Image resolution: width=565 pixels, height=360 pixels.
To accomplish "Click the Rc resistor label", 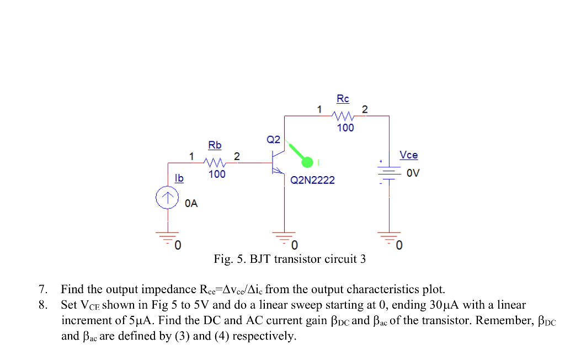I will pyautogui.click(x=343, y=99).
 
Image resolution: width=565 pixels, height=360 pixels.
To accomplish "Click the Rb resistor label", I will pyautogui.click(x=215, y=145).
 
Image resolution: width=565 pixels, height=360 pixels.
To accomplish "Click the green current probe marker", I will pyautogui.click(x=307, y=161).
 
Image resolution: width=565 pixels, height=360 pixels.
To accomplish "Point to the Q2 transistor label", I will pyautogui.click(x=274, y=139).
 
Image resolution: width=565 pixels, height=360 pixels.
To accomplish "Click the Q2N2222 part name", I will pyautogui.click(x=312, y=181).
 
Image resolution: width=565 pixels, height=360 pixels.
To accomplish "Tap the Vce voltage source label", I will pyautogui.click(x=408, y=155).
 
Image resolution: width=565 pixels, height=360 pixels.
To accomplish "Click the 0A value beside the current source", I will pyautogui.click(x=191, y=204).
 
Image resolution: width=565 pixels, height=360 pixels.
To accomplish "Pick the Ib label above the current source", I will pyautogui.click(x=179, y=178).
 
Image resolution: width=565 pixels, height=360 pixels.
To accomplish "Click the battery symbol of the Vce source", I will pyautogui.click(x=390, y=173).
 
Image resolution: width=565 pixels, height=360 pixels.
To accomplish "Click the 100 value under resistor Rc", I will pyautogui.click(x=345, y=128).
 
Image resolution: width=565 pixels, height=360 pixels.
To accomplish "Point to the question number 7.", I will pyautogui.click(x=42, y=289).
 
